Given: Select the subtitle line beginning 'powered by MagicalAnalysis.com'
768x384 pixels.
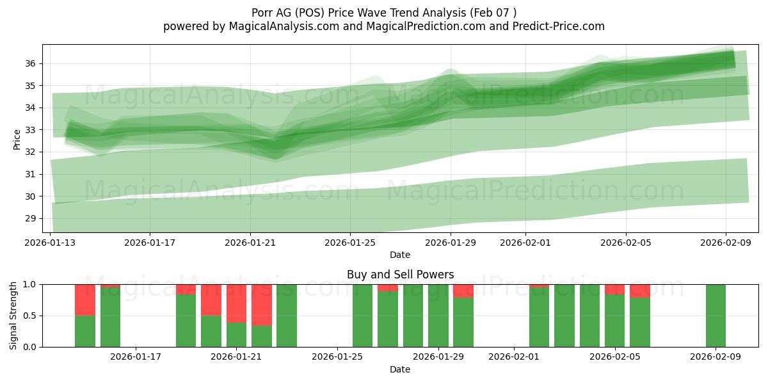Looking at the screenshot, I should click(x=383, y=26).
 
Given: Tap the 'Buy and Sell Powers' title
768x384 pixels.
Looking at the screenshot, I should click(x=400, y=275).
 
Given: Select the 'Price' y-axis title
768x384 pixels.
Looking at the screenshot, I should click(x=17, y=139).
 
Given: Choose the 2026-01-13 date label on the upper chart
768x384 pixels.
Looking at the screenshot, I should click(x=50, y=243).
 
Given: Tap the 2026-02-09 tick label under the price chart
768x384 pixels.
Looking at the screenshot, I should click(x=725, y=243).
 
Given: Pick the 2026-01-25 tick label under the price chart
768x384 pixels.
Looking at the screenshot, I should click(x=350, y=243).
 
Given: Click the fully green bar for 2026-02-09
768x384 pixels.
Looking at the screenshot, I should click(x=716, y=316).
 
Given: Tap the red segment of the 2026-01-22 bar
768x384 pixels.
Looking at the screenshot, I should click(x=262, y=305).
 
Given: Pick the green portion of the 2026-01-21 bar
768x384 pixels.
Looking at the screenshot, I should click(x=237, y=335).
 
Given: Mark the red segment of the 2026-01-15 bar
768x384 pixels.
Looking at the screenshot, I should click(x=110, y=286).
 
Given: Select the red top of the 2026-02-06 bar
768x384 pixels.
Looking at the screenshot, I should click(x=640, y=291).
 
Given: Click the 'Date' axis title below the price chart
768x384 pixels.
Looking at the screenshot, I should click(x=400, y=255).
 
